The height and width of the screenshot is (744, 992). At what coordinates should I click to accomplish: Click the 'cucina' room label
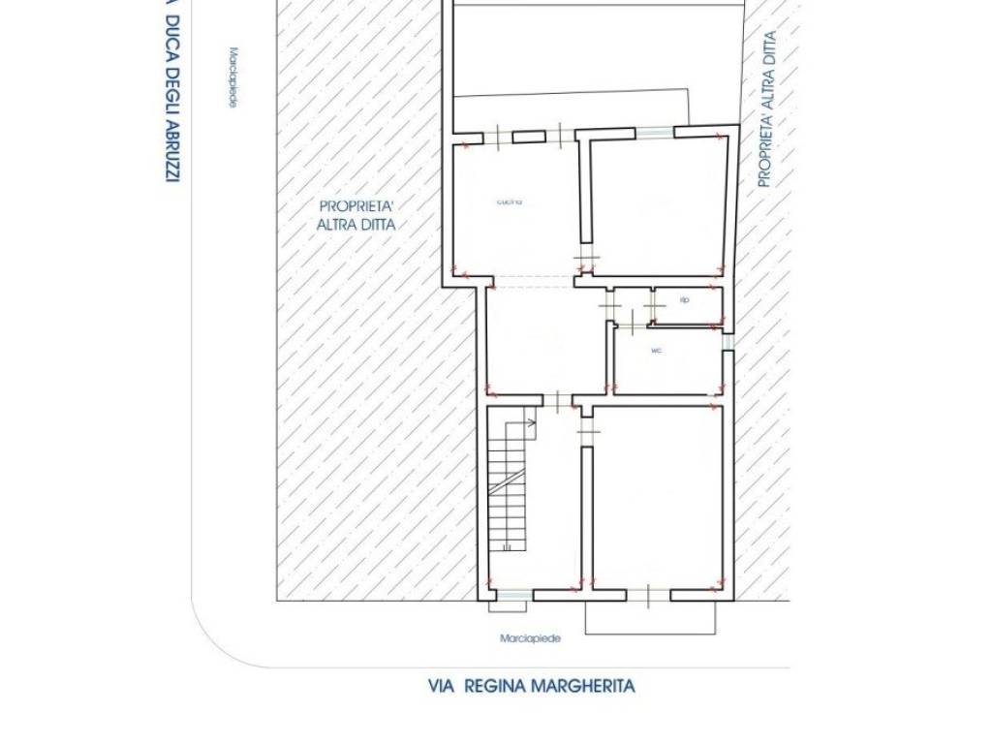[x=510, y=201]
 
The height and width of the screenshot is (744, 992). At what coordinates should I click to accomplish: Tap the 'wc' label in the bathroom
[x=656, y=351]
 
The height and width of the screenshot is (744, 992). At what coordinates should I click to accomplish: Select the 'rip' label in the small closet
[x=684, y=300]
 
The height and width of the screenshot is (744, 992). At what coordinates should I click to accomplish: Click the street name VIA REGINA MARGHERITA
[x=532, y=687]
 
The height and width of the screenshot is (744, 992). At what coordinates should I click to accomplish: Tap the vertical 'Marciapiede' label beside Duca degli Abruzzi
[x=232, y=77]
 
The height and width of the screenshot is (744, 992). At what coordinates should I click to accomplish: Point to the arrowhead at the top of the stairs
[x=532, y=422]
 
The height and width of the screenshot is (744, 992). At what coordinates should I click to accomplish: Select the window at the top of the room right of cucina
[x=655, y=133]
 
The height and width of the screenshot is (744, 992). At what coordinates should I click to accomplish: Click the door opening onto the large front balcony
[x=648, y=595]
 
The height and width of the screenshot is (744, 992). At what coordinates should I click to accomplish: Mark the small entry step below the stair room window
[x=508, y=606]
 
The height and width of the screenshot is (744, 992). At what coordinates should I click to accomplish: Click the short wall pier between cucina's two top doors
[x=529, y=137]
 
